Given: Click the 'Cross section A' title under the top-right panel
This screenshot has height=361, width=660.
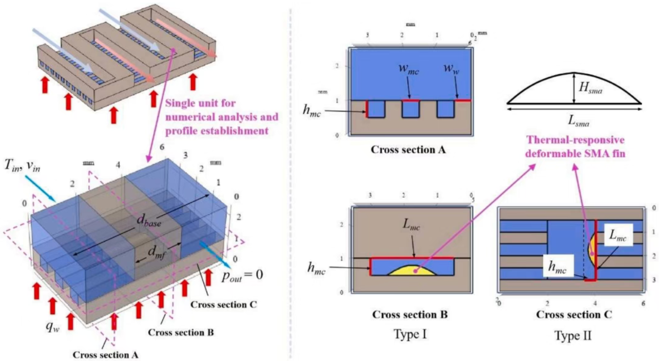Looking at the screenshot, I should (x=408, y=150).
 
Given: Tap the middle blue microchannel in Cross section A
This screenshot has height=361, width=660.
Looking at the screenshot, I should (x=410, y=109).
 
